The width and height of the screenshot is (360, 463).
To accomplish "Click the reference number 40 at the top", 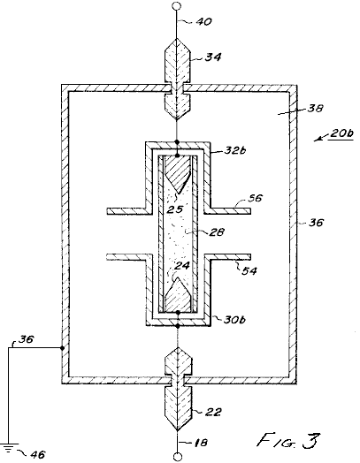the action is click(x=205, y=21).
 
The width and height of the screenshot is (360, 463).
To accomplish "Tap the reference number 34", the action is click(x=213, y=57).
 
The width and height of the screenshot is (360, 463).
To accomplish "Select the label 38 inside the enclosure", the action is click(x=315, y=109).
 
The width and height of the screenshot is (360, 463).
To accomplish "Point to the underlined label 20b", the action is click(x=341, y=133).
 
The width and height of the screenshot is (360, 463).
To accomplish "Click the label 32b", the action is click(x=235, y=150).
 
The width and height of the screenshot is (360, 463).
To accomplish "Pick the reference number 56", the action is click(x=255, y=198).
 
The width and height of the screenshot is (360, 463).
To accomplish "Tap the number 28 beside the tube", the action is click(x=216, y=232).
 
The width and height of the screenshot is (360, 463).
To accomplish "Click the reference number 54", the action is click(x=249, y=270).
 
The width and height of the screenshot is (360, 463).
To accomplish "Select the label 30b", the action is click(x=234, y=320).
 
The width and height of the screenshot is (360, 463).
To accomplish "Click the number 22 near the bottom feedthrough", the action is click(x=213, y=412).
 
